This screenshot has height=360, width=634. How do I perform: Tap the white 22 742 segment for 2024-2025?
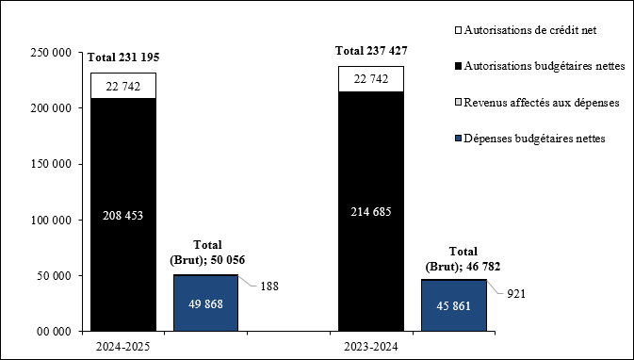tap(123, 85)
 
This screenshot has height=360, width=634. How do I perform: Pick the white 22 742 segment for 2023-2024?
tap(371, 79)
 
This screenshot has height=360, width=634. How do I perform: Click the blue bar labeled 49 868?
tap(205, 303)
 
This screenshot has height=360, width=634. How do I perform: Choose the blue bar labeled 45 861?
tap(454, 305)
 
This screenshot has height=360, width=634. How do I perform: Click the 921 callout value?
tap(516, 294)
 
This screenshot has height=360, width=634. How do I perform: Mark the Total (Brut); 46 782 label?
tap(463, 259)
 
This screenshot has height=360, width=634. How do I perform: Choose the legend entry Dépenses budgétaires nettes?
tap(534, 138)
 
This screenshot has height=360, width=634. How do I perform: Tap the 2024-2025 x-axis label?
tap(124, 346)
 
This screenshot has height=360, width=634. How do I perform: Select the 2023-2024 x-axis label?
tap(371, 346)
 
